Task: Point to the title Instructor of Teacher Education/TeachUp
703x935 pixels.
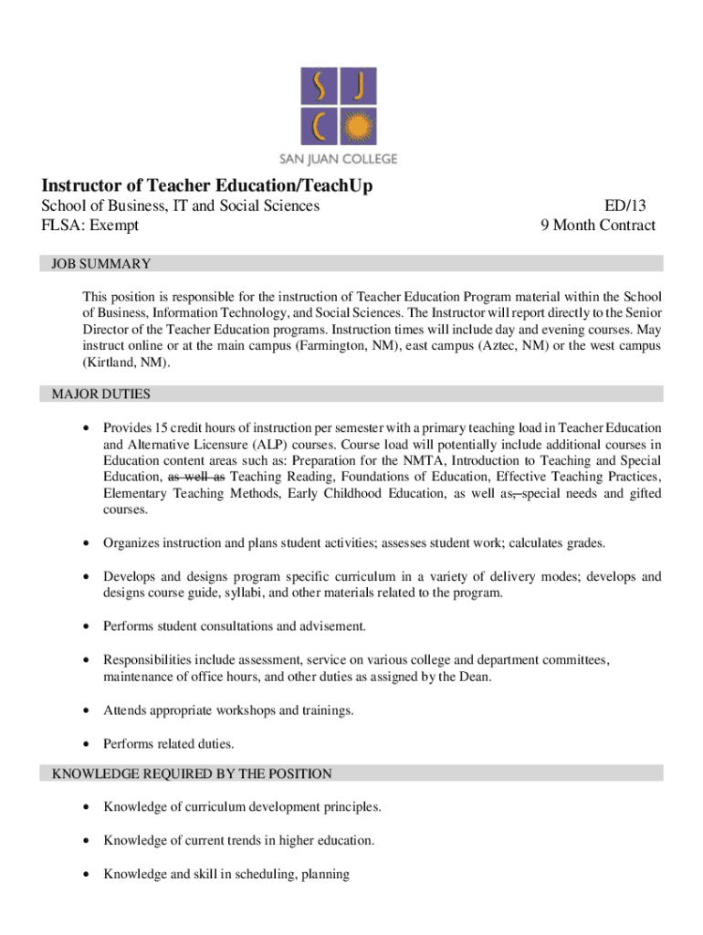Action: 206,186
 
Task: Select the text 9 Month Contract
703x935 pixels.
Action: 598,226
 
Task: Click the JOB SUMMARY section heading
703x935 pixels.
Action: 101,264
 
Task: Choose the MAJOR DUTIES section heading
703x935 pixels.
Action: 101,394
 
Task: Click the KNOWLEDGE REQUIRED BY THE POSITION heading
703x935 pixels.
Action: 192,773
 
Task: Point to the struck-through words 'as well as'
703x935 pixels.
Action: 196,478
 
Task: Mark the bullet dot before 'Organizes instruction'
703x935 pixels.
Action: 85,544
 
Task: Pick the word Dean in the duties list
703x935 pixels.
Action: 475,677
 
